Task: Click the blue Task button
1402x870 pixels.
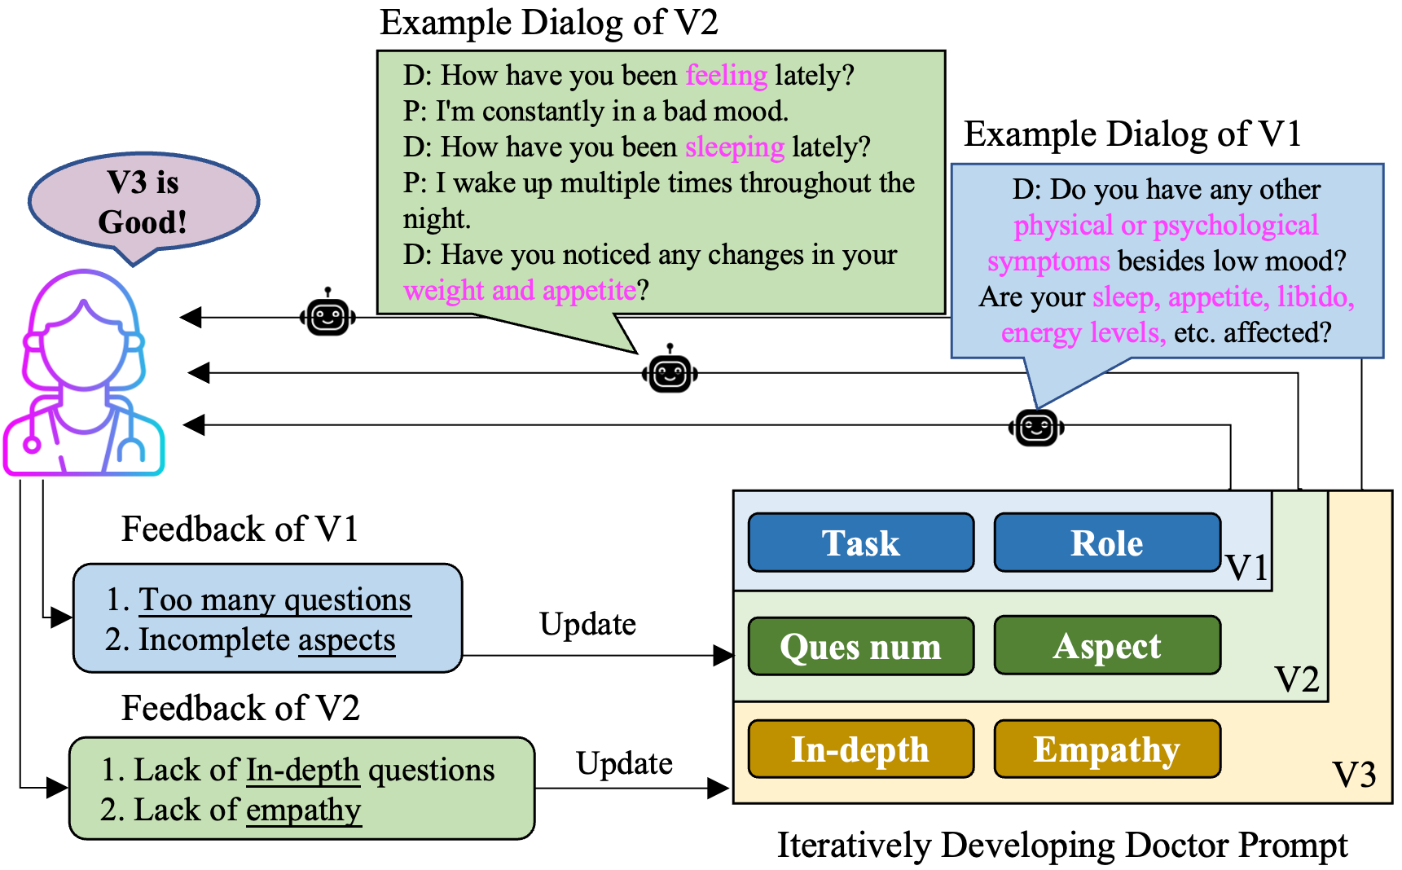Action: pos(860,543)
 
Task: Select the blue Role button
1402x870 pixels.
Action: pos(1106,543)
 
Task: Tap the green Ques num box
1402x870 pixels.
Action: pos(860,647)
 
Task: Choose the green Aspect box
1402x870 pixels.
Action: pos(1106,646)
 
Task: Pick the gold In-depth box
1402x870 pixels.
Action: pos(860,749)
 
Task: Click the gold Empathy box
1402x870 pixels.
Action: pos(1106,749)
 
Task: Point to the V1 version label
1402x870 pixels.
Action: pos(1246,567)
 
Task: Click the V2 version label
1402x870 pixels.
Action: pos(1296,679)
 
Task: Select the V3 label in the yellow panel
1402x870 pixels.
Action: pos(1353,774)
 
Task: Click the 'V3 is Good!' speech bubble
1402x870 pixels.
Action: pos(143,202)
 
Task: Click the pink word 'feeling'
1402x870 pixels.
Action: pos(726,75)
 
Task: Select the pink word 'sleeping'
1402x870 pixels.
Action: pos(734,147)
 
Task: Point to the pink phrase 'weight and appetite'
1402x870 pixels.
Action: pos(519,290)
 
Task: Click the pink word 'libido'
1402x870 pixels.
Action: pos(1314,297)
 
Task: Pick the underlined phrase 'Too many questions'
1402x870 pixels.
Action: pos(275,600)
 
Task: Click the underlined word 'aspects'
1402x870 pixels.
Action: pos(346,639)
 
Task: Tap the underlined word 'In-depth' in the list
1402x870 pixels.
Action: pos(302,769)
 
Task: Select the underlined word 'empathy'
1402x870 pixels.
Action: pos(303,810)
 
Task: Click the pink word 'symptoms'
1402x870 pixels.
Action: pos(1048,261)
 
